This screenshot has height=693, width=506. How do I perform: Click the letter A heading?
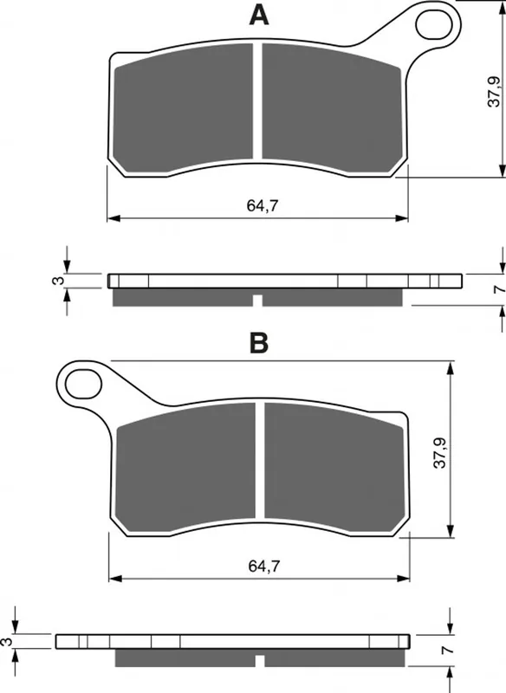coord(259,16)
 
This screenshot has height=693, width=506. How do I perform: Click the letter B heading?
coord(259,343)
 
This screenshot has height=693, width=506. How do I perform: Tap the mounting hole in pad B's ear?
coord(83,383)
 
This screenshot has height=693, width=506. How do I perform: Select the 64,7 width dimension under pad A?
coord(263,205)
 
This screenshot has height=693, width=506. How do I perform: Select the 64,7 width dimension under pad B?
coord(264,567)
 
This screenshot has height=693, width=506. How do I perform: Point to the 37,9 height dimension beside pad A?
coord(494,92)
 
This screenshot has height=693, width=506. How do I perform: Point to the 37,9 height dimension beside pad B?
coord(440,452)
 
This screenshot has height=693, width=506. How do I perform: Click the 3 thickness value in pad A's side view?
coord(58,280)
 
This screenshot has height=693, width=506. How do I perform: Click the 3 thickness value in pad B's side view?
coord(5,642)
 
